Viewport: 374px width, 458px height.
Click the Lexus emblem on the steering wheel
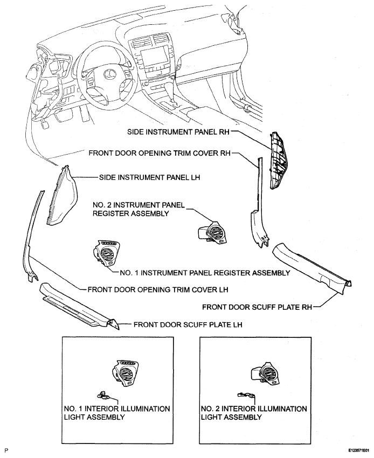coord(109,74)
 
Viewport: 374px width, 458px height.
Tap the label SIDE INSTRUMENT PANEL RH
coord(178,132)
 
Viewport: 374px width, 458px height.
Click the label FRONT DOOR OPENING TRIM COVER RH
coord(160,153)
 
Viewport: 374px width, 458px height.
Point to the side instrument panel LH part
coord(61,196)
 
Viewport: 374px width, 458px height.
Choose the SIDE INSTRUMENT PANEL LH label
coord(150,177)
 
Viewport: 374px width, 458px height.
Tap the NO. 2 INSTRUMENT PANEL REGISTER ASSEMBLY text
coord(139,209)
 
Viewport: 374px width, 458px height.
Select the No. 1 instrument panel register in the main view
coord(107,253)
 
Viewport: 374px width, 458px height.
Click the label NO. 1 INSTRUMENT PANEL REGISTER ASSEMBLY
coord(205,273)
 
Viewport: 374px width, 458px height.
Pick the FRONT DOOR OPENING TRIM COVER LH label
coord(158,289)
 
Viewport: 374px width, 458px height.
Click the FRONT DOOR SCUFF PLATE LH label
coord(188,324)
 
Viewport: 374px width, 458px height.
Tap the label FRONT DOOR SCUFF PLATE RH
coord(257,307)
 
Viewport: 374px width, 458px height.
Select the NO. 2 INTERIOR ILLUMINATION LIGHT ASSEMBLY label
coord(254,413)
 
